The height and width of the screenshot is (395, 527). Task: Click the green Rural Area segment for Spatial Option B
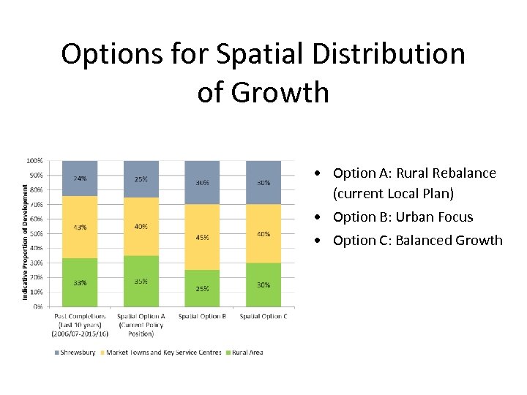pos(201,288)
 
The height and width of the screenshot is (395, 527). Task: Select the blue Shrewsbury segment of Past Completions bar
pos(80,178)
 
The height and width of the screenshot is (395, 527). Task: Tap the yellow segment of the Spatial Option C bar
pos(263,233)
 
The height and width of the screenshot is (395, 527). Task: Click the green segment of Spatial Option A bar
pos(141,281)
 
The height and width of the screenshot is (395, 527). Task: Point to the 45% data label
pos(202,237)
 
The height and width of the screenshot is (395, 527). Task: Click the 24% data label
pos(80,178)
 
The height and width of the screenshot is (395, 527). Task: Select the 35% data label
pos(141,281)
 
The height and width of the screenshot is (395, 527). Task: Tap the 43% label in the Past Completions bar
pos(80,227)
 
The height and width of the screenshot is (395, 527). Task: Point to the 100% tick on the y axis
pos(34,160)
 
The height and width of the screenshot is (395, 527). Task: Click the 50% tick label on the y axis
pos(36,233)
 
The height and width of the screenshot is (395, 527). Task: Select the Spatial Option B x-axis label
pos(202,316)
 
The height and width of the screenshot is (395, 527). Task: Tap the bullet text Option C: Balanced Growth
pos(417,241)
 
